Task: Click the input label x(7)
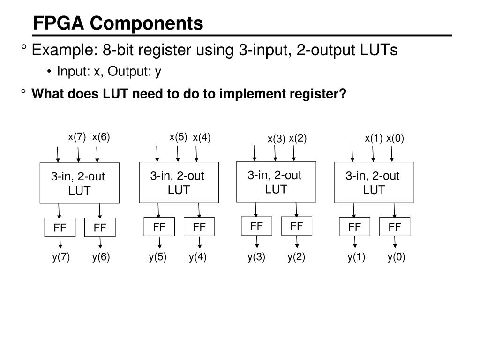(x=77, y=137)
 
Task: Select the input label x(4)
(x=202, y=137)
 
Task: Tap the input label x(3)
(x=276, y=139)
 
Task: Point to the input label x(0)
(x=395, y=138)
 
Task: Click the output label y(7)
(x=61, y=257)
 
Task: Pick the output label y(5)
(x=158, y=257)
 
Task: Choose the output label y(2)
(x=296, y=257)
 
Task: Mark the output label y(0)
(x=396, y=257)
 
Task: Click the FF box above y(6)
(x=100, y=228)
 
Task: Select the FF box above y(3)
(x=256, y=226)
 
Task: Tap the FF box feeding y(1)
(x=355, y=227)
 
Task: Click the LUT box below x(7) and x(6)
(x=79, y=183)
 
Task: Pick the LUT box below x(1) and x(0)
(x=374, y=182)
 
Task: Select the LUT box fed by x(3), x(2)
(x=276, y=181)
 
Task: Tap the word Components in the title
(x=147, y=23)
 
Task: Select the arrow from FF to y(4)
(x=200, y=242)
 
